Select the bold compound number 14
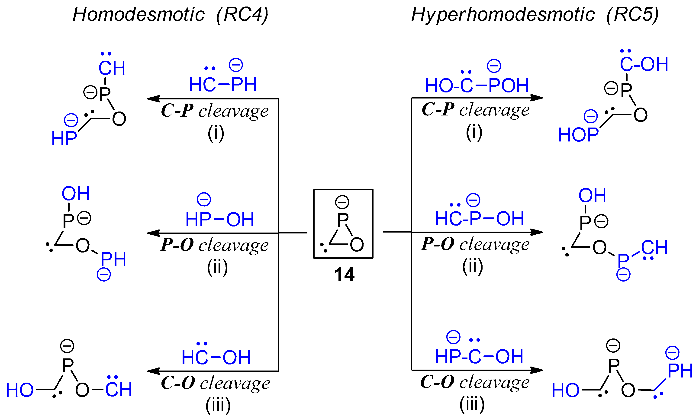click(344, 275)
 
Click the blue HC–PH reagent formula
click(223, 84)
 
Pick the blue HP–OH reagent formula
click(220, 219)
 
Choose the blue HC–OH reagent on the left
click(216, 357)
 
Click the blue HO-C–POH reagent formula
click(477, 85)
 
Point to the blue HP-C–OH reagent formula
click(479, 356)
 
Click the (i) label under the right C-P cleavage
click(474, 132)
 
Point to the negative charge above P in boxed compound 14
click(342, 202)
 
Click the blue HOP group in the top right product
click(578, 135)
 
